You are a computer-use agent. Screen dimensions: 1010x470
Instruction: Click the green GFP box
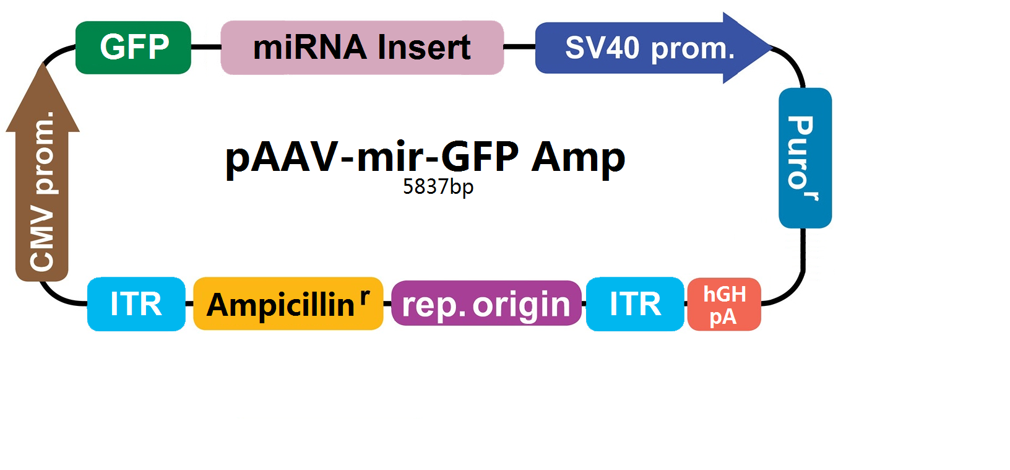point(133,47)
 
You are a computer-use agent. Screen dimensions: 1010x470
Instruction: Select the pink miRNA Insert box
point(362,47)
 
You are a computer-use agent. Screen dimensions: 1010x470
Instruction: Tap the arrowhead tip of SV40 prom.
point(772,47)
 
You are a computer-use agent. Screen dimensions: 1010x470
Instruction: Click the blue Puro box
point(805,158)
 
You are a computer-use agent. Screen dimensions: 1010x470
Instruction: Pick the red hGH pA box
point(724,305)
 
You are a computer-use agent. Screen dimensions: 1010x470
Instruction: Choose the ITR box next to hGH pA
point(635,305)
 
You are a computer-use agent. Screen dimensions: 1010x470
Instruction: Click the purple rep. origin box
point(486,303)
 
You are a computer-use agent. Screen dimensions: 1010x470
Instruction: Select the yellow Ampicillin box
point(288,303)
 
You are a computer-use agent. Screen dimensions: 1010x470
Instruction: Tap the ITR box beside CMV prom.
point(136,305)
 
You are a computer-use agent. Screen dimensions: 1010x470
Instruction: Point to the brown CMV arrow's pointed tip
point(43,64)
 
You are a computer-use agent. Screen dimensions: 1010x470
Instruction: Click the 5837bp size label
point(438,187)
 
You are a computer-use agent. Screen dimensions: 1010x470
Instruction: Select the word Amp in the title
point(578,158)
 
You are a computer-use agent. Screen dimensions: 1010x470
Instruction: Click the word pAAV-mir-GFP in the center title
point(372,158)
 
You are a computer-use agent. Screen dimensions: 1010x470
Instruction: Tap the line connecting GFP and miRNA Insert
point(206,47)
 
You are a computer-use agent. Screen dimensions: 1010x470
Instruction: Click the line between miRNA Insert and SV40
point(519,46)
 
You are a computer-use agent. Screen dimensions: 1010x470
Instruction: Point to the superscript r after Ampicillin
point(365,296)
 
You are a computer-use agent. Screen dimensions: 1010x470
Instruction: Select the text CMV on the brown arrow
point(42,238)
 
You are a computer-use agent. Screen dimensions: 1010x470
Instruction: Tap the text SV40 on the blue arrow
point(602,48)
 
